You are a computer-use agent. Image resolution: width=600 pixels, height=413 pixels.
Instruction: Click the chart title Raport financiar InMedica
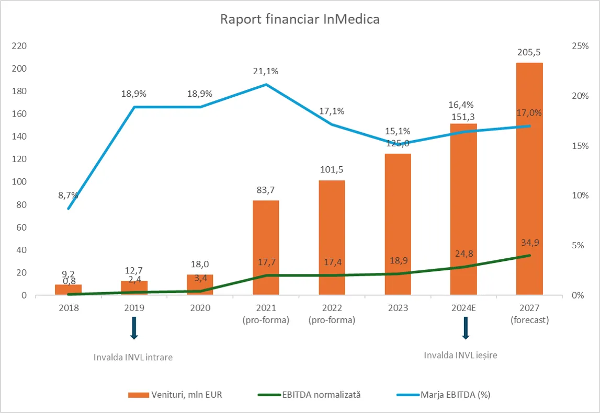(x=300, y=20)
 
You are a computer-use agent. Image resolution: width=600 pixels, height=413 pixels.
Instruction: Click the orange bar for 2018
(x=69, y=290)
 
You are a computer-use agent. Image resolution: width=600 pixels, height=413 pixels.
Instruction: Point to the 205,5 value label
(x=529, y=52)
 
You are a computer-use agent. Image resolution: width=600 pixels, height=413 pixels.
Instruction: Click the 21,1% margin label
(x=266, y=72)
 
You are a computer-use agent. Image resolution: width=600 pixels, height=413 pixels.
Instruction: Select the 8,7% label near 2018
(x=69, y=196)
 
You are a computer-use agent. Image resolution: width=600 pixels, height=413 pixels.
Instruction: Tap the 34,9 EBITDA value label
(x=529, y=243)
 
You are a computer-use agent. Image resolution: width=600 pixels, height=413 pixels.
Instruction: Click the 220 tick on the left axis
(x=19, y=46)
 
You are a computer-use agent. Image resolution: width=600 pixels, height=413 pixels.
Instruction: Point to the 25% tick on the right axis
(x=580, y=46)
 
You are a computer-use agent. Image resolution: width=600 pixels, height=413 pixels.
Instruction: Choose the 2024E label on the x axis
(x=463, y=308)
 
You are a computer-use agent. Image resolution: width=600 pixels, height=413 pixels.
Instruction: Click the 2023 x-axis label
(x=398, y=308)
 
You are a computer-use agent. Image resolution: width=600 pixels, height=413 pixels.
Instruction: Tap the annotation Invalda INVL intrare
(x=133, y=358)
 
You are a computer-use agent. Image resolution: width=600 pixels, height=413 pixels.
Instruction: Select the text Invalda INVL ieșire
(x=460, y=355)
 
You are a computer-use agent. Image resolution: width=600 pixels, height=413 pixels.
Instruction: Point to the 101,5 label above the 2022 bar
(x=332, y=170)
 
